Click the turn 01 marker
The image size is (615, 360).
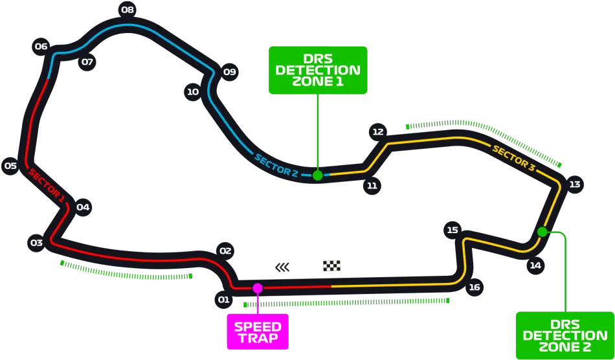[223, 300]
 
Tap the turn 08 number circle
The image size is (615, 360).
[128, 10]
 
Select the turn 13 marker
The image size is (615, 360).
[575, 185]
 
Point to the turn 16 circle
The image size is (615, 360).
[474, 287]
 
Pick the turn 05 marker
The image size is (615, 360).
[10, 166]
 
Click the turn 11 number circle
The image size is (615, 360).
[372, 185]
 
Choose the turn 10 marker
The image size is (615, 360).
[193, 92]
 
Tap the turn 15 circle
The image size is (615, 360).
[453, 231]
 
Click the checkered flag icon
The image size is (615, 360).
[332, 266]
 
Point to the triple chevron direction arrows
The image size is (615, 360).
[282, 267]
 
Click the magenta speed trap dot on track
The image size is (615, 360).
[257, 288]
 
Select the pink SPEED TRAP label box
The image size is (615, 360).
[258, 332]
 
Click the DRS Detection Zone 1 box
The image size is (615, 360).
[318, 70]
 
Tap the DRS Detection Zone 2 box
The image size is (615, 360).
[565, 335]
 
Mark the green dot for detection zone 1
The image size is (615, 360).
[318, 175]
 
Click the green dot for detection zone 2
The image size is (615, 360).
[542, 232]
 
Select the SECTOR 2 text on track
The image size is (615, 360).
[276, 166]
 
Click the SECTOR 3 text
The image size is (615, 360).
[513, 158]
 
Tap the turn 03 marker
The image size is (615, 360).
[37, 243]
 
